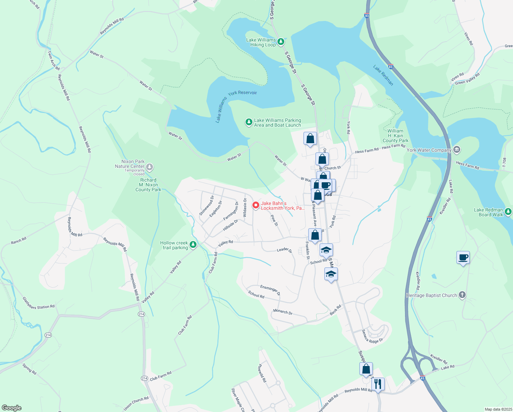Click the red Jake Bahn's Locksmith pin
(x=255, y=205)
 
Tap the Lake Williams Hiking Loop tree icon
(x=281, y=42)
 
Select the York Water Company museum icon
(x=456, y=150)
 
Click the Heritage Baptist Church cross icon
(x=462, y=295)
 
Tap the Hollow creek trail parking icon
(x=193, y=244)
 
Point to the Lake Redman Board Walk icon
(x=508, y=212)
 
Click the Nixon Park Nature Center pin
(x=149, y=167)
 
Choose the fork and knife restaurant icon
(x=378, y=384)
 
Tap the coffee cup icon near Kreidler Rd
(x=463, y=257)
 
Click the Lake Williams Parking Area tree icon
(x=249, y=122)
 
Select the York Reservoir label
(x=242, y=93)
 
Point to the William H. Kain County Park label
(x=395, y=136)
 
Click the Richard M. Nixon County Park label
(x=148, y=185)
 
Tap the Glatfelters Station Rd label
(x=38, y=303)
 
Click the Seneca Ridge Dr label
(x=372, y=336)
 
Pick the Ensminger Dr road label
(x=270, y=290)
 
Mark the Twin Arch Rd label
(x=53, y=60)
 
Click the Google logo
(x=11, y=408)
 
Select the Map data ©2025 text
(x=498, y=409)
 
